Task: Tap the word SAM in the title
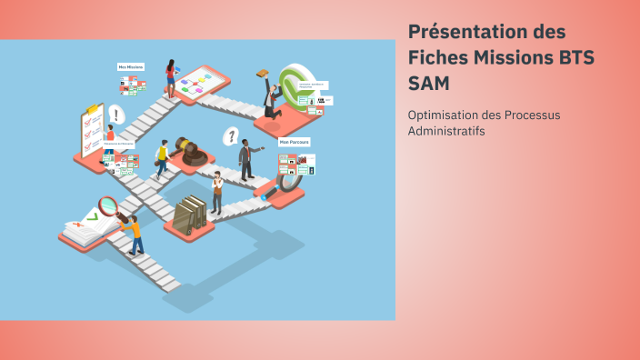point(428,83)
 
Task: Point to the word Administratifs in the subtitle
point(446,131)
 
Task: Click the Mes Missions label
point(132,66)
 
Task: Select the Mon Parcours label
point(295,143)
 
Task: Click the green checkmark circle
point(296,85)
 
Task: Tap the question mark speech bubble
point(232,136)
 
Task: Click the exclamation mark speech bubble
point(115,115)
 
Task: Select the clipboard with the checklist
point(91,132)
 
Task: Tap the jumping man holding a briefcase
point(270,96)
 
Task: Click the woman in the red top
point(170,79)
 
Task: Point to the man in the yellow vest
point(162,158)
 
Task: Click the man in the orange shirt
point(135,233)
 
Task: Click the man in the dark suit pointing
point(245,159)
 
